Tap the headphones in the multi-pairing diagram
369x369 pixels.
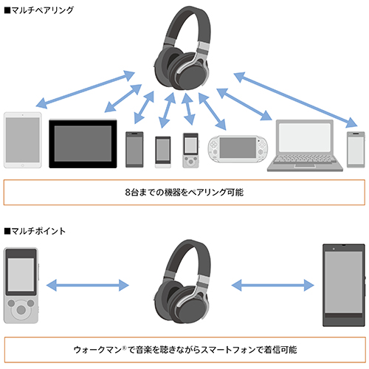(x=182, y=47)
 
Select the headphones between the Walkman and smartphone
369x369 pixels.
(x=182, y=284)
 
